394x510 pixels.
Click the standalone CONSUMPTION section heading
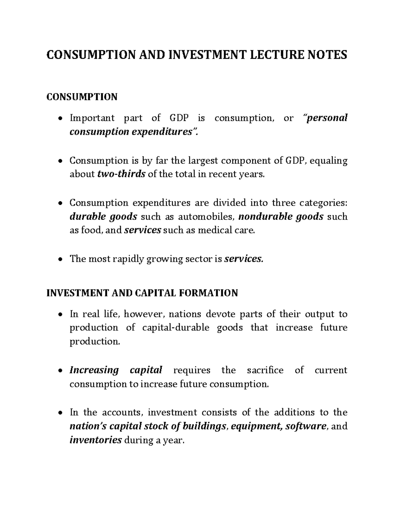(82, 97)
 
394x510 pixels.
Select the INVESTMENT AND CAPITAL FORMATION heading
(142, 293)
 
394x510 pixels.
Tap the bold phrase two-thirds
(121, 174)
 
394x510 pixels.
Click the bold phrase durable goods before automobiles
(103, 217)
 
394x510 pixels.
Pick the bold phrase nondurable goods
(281, 217)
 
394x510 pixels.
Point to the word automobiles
(207, 217)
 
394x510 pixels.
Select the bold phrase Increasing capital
(116, 370)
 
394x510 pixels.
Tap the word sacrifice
(265, 370)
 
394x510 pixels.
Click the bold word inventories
(96, 440)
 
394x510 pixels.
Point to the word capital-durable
(176, 328)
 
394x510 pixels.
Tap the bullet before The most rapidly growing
(60, 259)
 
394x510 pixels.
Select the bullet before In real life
(60, 315)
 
